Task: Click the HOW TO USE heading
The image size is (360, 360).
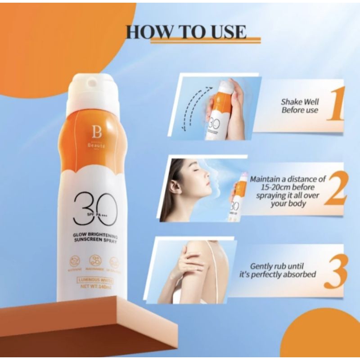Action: [x=186, y=32]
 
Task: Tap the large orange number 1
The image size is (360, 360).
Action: [x=335, y=104]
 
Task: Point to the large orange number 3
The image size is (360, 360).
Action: [x=335, y=270]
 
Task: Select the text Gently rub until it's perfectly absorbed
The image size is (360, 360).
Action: [x=283, y=270]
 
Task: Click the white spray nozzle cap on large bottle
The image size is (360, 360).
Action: [x=93, y=90]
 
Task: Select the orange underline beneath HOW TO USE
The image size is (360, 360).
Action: [x=205, y=41]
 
